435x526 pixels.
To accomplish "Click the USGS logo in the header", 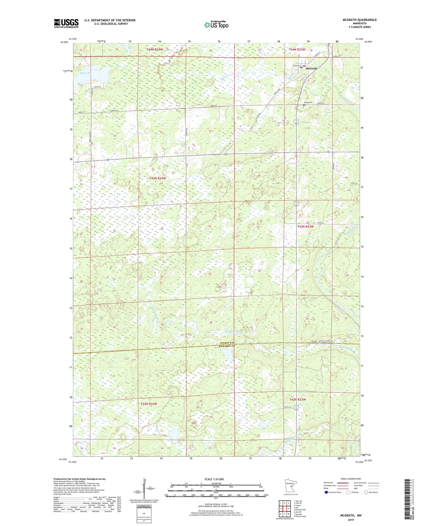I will pyautogui.click(x=66, y=23).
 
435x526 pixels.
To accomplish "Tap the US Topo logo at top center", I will pyautogui.click(x=216, y=25).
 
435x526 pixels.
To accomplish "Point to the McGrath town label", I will pyautogui.click(x=311, y=68).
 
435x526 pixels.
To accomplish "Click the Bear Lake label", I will pyautogui.click(x=86, y=73).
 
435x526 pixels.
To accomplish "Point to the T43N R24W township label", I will pyautogui.click(x=158, y=178).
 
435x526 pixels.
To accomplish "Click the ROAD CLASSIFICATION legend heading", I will pyautogui.click(x=351, y=479).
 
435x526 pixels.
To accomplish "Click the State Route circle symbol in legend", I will pyautogui.click(x=366, y=492).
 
